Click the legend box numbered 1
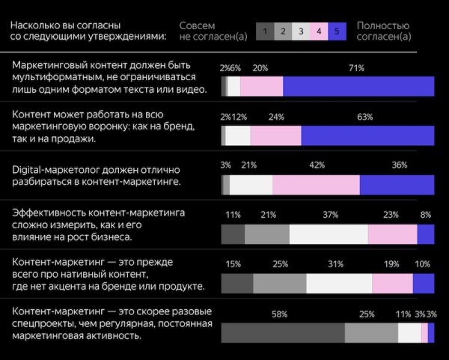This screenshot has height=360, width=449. (265, 31)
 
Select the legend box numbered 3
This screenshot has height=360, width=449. (301, 31)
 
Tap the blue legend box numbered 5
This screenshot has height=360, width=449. (337, 31)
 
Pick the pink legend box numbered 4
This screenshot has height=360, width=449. (319, 31)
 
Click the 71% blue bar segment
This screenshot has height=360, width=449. (358, 86)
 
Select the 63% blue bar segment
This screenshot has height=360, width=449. (367, 135)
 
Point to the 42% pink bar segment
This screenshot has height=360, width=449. (316, 186)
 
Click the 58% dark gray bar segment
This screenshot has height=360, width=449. (283, 333)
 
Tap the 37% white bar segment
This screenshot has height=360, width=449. (328, 234)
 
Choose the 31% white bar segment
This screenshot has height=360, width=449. (339, 284)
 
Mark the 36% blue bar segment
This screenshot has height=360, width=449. (397, 186)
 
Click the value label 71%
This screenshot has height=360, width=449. (356, 68)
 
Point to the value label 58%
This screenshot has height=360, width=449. (279, 314)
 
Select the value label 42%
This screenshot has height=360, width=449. (317, 165)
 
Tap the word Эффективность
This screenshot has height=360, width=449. (48, 213)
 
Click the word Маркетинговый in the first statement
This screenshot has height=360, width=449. (49, 65)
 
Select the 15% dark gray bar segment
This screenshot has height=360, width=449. (237, 284)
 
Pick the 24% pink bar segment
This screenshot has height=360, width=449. (275, 135)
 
